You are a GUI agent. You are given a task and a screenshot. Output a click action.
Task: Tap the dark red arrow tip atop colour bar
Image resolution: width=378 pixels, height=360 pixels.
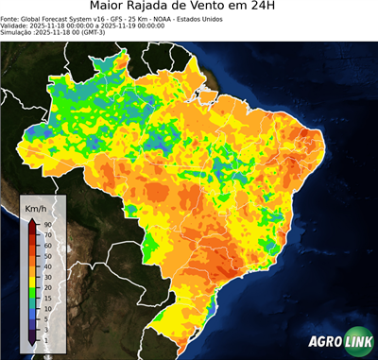(32, 221)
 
